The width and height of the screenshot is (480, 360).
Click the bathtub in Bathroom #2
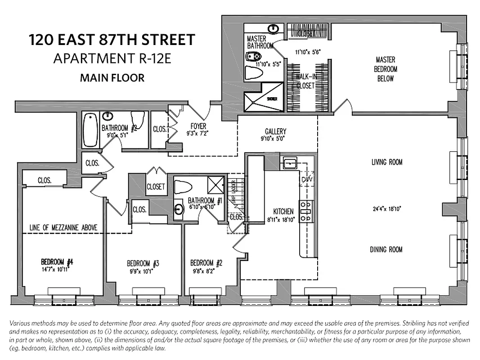[90, 130]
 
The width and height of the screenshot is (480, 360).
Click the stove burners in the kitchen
[306, 211]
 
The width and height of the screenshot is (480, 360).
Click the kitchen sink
[288, 163]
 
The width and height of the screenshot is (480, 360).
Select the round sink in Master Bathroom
[273, 29]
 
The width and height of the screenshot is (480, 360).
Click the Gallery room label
[275, 131]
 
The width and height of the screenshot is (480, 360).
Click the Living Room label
[386, 162]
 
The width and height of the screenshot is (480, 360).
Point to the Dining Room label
[386, 250]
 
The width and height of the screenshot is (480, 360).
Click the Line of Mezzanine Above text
[63, 227]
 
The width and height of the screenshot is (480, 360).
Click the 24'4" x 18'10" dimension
[386, 208]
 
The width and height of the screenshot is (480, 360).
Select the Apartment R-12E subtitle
[112, 58]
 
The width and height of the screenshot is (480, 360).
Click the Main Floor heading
[112, 78]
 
